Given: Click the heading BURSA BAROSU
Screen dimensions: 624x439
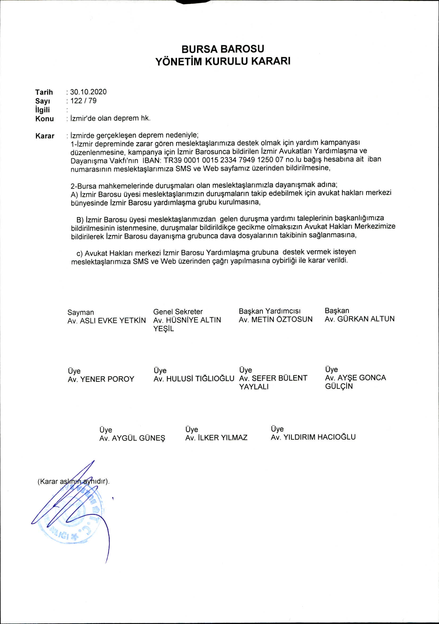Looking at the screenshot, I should pos(222,49).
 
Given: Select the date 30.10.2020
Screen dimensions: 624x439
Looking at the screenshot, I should pos(88,92).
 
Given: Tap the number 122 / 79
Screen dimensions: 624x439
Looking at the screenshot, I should pos(83,101).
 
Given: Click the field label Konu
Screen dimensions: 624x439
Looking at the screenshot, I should pos(44,119).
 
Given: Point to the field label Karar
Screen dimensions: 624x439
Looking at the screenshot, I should pos(45,136).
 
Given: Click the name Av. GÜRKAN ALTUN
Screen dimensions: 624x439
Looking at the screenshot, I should pos(359,319).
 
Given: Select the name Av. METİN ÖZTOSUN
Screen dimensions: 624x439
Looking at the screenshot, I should pos(276,319).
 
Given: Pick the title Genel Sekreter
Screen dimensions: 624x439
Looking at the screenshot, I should pos(178,311).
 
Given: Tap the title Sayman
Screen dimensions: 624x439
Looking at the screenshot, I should pos(80,312).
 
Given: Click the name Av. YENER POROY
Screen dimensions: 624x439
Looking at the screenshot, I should pos(101,379).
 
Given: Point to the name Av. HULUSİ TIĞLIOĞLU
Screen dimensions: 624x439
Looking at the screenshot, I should pos(194,378).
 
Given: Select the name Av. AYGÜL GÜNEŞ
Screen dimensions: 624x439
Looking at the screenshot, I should pos(132,438).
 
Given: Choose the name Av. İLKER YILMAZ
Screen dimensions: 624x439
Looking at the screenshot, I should pos(216,438).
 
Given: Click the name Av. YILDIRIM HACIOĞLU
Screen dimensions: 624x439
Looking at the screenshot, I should pos(313,437).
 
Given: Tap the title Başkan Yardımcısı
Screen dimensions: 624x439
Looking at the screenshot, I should pos(270,311).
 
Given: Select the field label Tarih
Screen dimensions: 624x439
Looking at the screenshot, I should pos(44,92).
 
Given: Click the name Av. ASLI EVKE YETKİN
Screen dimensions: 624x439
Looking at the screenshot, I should pos(107,320).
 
